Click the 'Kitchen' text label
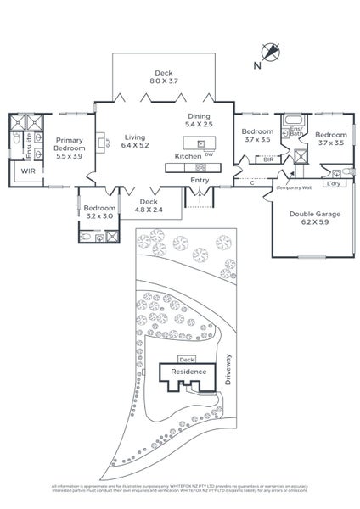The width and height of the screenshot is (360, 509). (187, 157)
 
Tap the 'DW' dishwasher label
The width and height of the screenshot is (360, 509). (209, 154)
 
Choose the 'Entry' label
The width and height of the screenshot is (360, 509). (200, 180)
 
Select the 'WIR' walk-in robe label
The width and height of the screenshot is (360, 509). (27, 171)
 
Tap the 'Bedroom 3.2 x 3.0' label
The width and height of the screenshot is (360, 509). (100, 212)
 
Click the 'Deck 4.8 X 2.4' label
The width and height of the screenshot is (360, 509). (149, 206)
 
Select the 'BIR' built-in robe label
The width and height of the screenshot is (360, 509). (268, 159)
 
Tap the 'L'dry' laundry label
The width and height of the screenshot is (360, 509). (334, 183)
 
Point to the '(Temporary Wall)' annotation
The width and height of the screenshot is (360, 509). (294, 187)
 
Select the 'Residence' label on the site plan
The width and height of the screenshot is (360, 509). (186, 372)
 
